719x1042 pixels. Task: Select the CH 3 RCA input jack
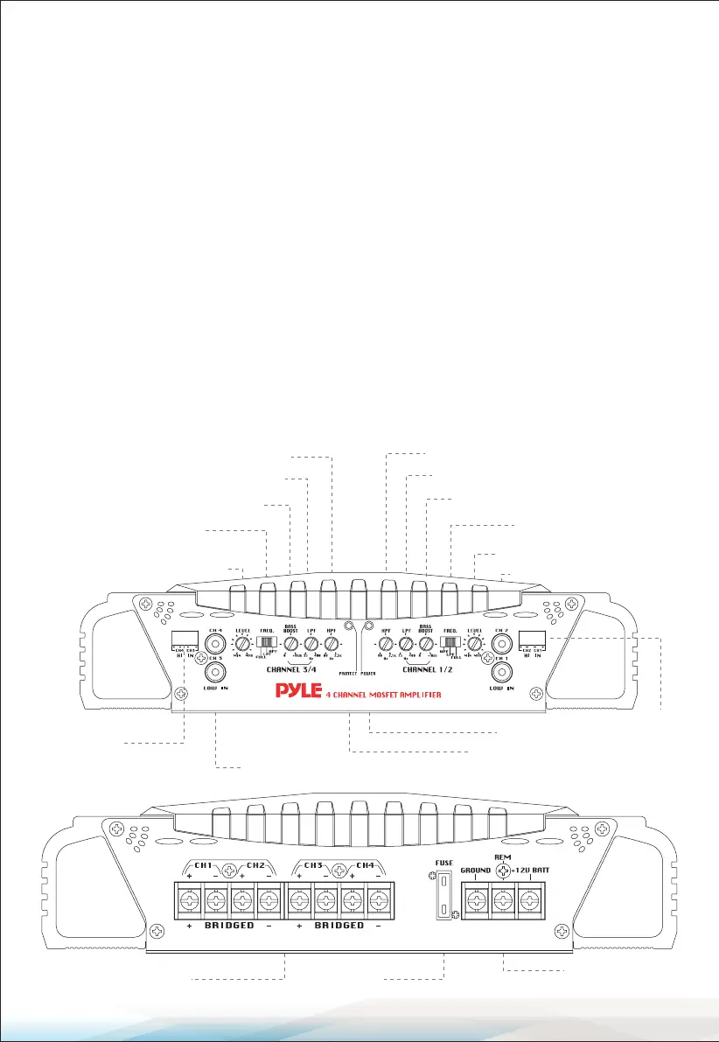pyautogui.click(x=215, y=673)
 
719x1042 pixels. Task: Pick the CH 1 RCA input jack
pyautogui.click(x=501, y=673)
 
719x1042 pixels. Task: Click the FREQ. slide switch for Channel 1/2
pyautogui.click(x=451, y=646)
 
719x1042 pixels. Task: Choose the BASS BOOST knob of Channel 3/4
pyautogui.click(x=290, y=646)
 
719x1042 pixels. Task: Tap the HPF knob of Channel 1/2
pyautogui.click(x=385, y=646)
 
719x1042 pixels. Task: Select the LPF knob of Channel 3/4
pyautogui.click(x=311, y=646)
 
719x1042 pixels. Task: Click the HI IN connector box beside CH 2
pyautogui.click(x=532, y=639)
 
